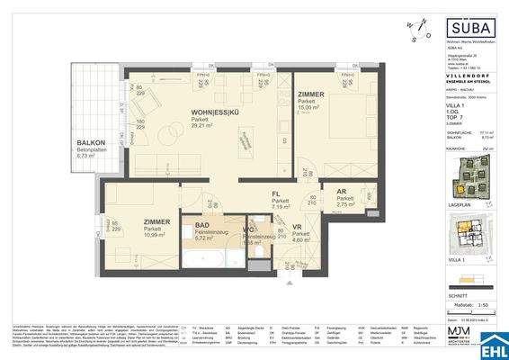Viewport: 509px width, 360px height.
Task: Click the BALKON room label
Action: click(91, 143)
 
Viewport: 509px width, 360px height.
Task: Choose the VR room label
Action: click(298, 228)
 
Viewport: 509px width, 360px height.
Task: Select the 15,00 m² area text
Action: click(311, 106)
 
